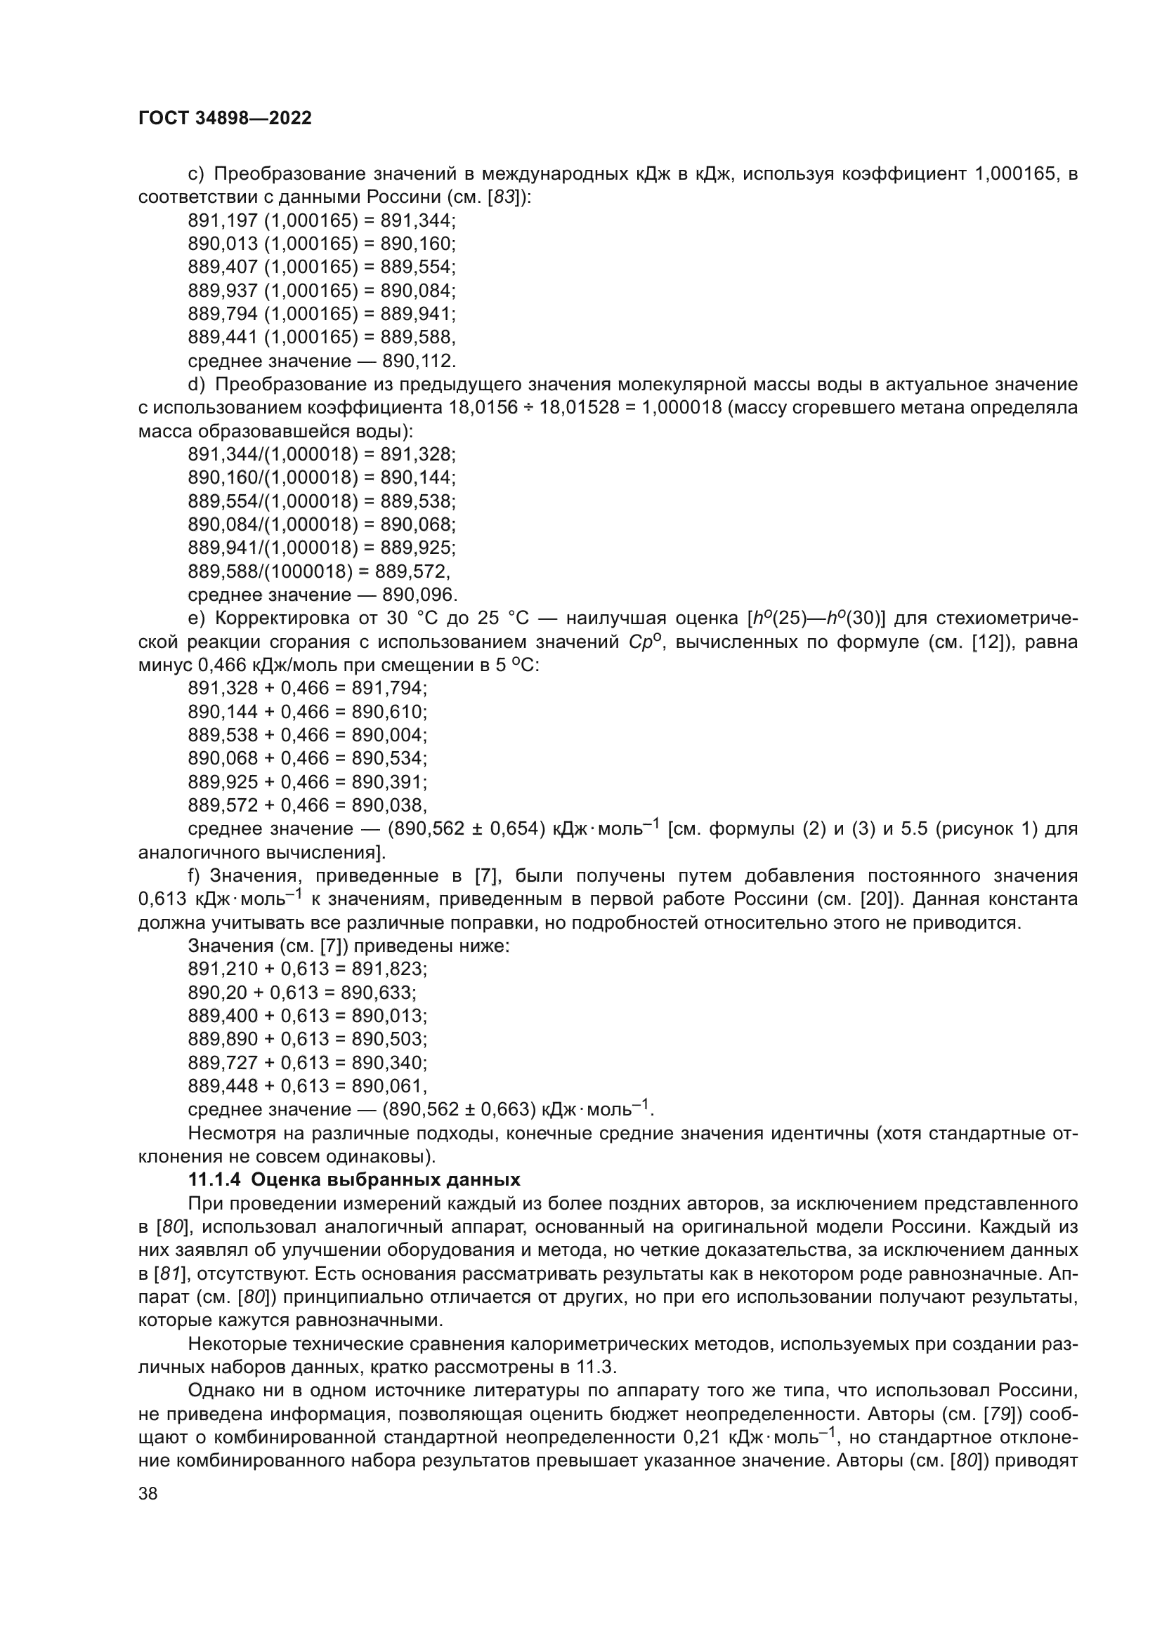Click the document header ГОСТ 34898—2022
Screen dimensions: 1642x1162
(x=225, y=118)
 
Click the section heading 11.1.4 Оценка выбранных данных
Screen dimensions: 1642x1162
(x=354, y=1179)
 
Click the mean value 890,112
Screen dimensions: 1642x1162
(x=419, y=360)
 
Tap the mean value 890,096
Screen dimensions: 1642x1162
(x=419, y=595)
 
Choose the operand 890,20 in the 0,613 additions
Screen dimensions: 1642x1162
(x=214, y=992)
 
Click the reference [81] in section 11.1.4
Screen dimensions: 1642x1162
(x=168, y=1273)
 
